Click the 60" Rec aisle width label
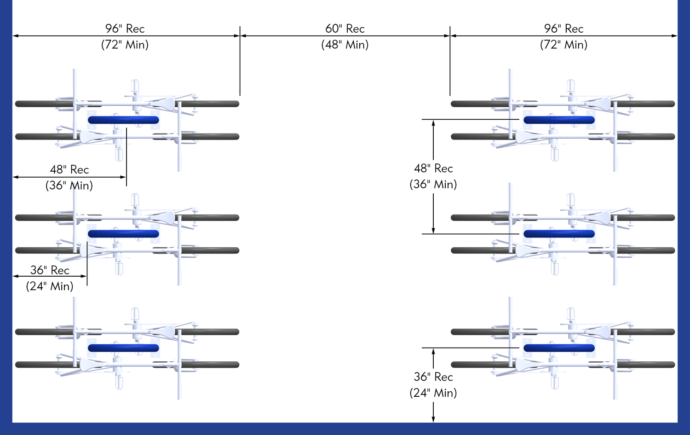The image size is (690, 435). (x=345, y=29)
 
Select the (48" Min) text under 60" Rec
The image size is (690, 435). (x=345, y=45)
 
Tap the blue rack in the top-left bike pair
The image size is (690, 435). (x=123, y=120)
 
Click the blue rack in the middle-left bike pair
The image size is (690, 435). (x=123, y=234)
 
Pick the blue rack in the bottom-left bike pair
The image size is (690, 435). (x=123, y=348)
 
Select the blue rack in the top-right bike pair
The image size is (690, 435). (x=559, y=120)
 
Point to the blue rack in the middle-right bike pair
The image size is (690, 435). (x=559, y=234)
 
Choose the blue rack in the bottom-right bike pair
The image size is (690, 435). (x=559, y=348)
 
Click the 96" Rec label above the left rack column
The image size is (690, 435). (x=125, y=29)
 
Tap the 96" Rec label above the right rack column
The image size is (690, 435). (x=563, y=29)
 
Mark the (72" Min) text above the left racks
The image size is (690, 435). (x=125, y=45)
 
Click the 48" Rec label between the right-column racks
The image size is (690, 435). (x=433, y=168)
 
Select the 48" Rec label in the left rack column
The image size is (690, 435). (x=69, y=169)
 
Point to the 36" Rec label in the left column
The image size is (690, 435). (x=50, y=270)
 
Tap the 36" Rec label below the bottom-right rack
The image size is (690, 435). (x=433, y=377)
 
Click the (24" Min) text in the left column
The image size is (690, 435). (x=50, y=286)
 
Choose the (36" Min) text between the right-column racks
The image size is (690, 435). (x=433, y=185)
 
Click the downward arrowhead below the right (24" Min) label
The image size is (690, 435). (x=433, y=419)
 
